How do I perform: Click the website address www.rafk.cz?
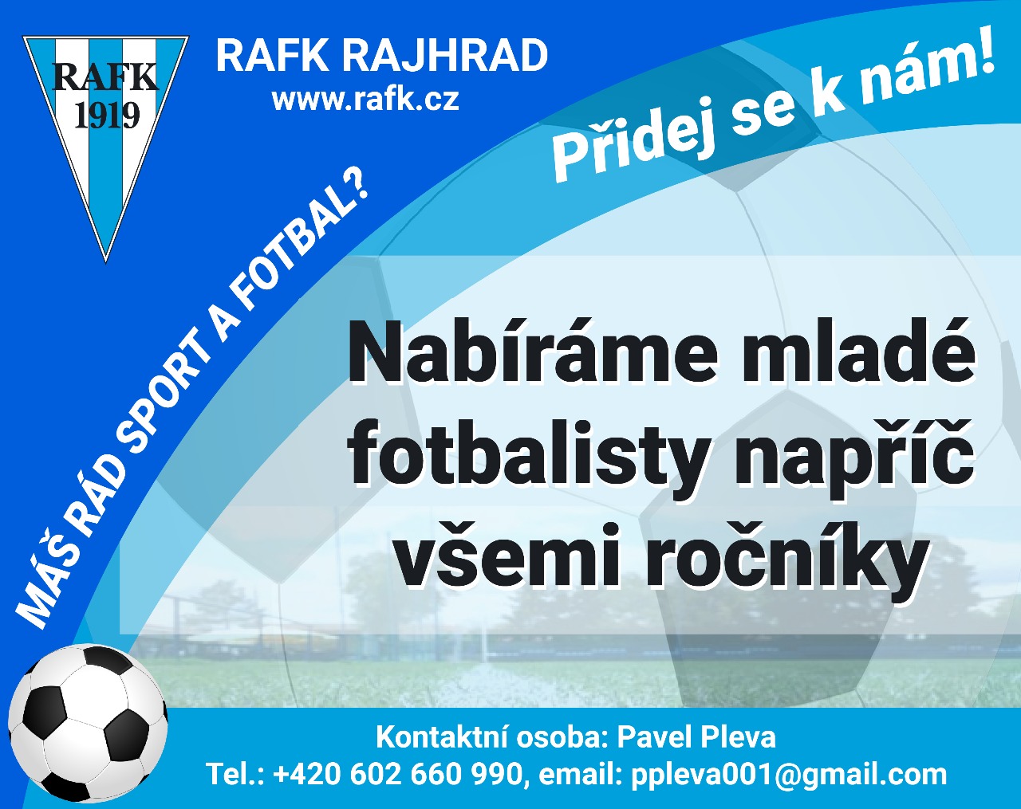[x=365, y=100]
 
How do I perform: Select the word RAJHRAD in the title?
[x=445, y=56]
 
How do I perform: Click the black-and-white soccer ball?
[x=89, y=724]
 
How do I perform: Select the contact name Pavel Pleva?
[x=696, y=737]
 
